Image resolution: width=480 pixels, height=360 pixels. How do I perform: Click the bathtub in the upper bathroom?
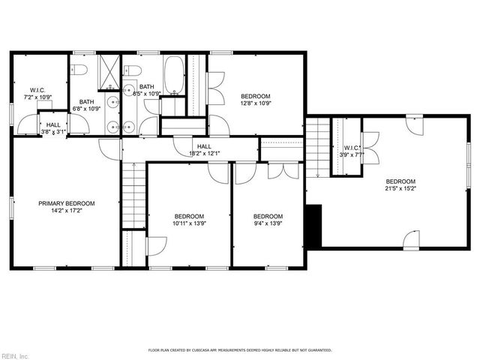[173, 75]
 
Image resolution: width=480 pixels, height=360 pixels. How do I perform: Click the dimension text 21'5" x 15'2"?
[400, 189]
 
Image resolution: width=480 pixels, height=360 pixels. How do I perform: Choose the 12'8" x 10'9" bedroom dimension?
[255, 104]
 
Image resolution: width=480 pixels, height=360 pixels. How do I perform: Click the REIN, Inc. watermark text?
[16, 355]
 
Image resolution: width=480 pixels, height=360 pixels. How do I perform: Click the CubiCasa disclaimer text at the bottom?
[239, 350]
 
